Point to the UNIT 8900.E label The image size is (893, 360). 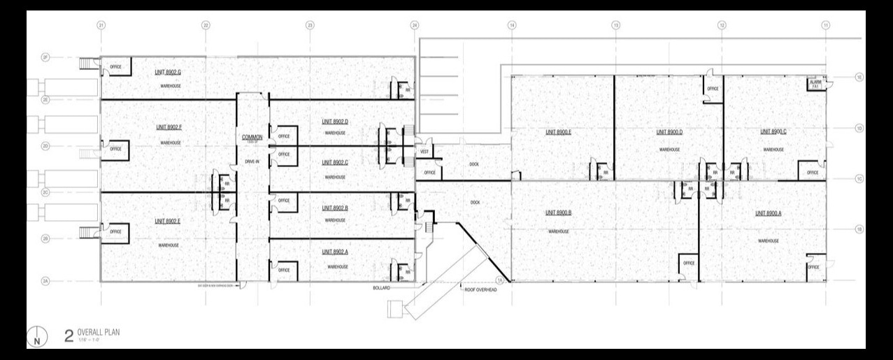pos(559,131)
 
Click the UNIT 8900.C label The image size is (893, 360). pos(773,131)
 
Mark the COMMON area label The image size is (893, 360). pos(252,137)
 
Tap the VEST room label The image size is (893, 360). pos(424,150)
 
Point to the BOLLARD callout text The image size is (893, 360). pos(383,288)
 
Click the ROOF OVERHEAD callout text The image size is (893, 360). pos(480,289)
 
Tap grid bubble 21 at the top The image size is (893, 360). pos(101,26)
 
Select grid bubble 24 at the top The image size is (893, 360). pos(415,26)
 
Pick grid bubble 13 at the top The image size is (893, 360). pos(615,26)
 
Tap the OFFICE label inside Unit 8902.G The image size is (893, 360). pos(115,67)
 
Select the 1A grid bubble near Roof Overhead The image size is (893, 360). pos(499,280)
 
